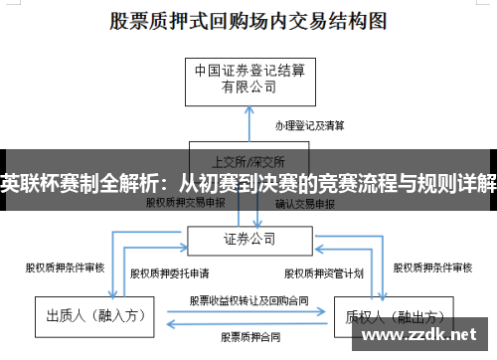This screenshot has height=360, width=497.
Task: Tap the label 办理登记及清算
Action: pyautogui.click(x=310, y=125)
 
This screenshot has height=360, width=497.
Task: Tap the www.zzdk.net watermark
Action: pyautogui.click(x=423, y=335)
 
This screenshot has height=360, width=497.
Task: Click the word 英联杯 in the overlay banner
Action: pyautogui.click(x=25, y=183)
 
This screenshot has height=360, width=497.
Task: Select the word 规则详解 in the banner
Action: pyautogui.click(x=461, y=183)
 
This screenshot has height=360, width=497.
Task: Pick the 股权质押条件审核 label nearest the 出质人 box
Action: pyautogui.click(x=64, y=267)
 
